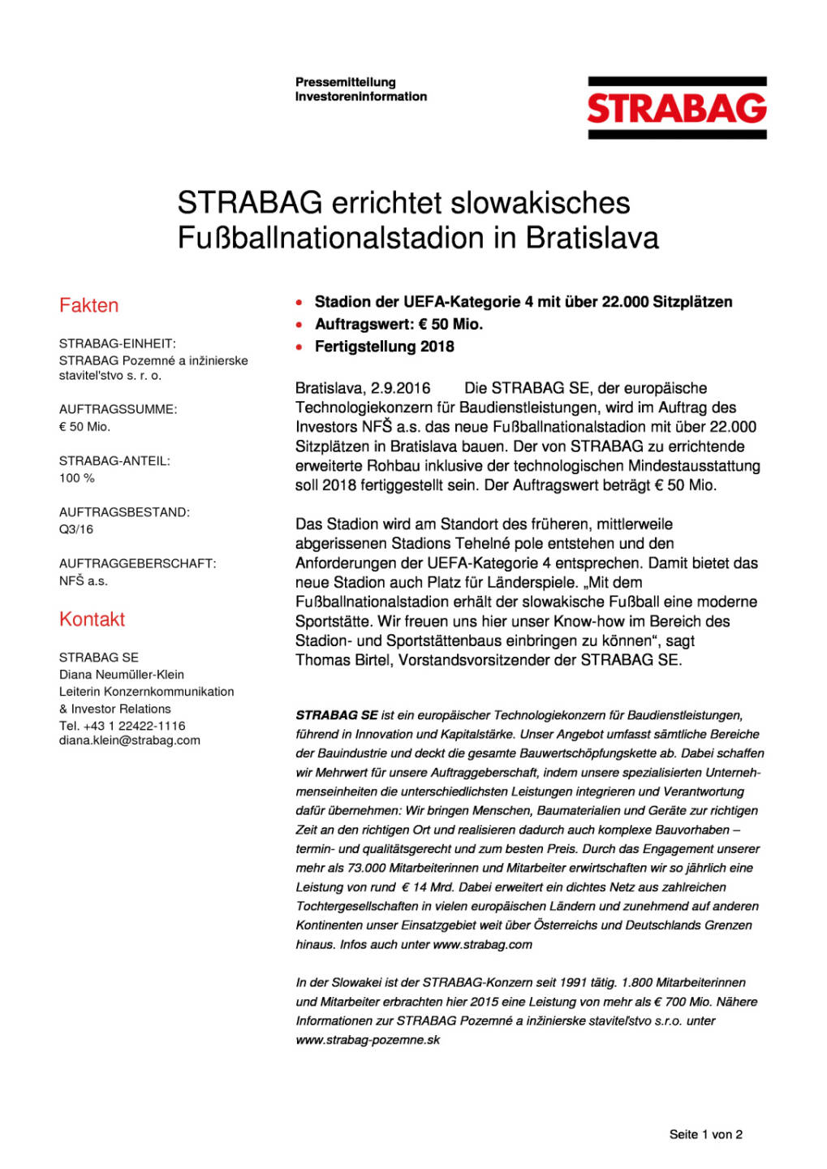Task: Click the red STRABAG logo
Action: coord(677,108)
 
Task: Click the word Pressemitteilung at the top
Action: coord(346,82)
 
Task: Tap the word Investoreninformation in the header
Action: coord(361,97)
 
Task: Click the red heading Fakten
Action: coord(88,305)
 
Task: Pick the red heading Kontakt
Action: coord(92,619)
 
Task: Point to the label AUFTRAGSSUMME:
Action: coord(118,409)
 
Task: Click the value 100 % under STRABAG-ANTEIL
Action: coord(77,477)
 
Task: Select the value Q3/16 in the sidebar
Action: coord(76,529)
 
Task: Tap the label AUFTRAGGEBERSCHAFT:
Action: coord(138,563)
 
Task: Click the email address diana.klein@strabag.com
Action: coord(130,740)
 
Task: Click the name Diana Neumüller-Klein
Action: coord(122,675)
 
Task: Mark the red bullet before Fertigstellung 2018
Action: coord(299,347)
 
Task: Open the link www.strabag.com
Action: coord(482,944)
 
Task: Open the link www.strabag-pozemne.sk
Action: coord(368,1040)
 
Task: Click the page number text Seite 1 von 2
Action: coord(705,1134)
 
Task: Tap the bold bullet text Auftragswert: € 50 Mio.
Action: coord(398,324)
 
